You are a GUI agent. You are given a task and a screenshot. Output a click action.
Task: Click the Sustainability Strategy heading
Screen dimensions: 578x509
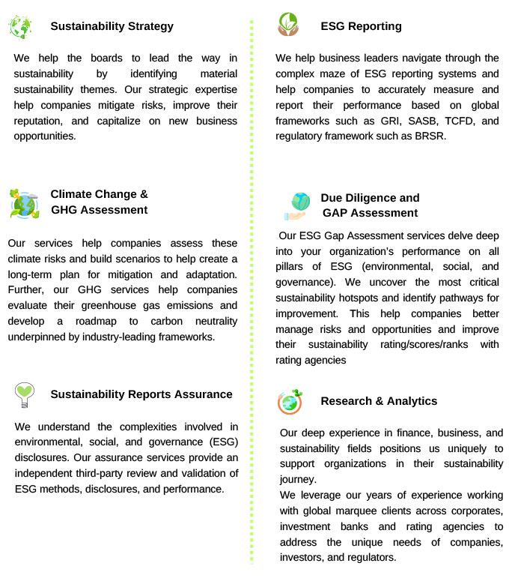(x=112, y=26)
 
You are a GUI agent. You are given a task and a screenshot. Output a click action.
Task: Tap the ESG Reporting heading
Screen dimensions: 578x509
(x=361, y=26)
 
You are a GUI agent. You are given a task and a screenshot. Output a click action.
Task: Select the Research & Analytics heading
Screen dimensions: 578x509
(x=379, y=401)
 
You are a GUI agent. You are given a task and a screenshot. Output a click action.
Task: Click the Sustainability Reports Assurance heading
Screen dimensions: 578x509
(x=141, y=394)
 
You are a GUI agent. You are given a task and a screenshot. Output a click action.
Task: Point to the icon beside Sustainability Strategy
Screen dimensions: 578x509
(x=20, y=26)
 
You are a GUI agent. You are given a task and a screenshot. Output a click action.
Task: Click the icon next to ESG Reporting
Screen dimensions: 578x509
(x=287, y=24)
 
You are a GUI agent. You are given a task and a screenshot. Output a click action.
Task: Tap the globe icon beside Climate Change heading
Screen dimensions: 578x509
(x=24, y=203)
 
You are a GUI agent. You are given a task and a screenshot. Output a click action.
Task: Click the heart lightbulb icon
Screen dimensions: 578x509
(x=25, y=394)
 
